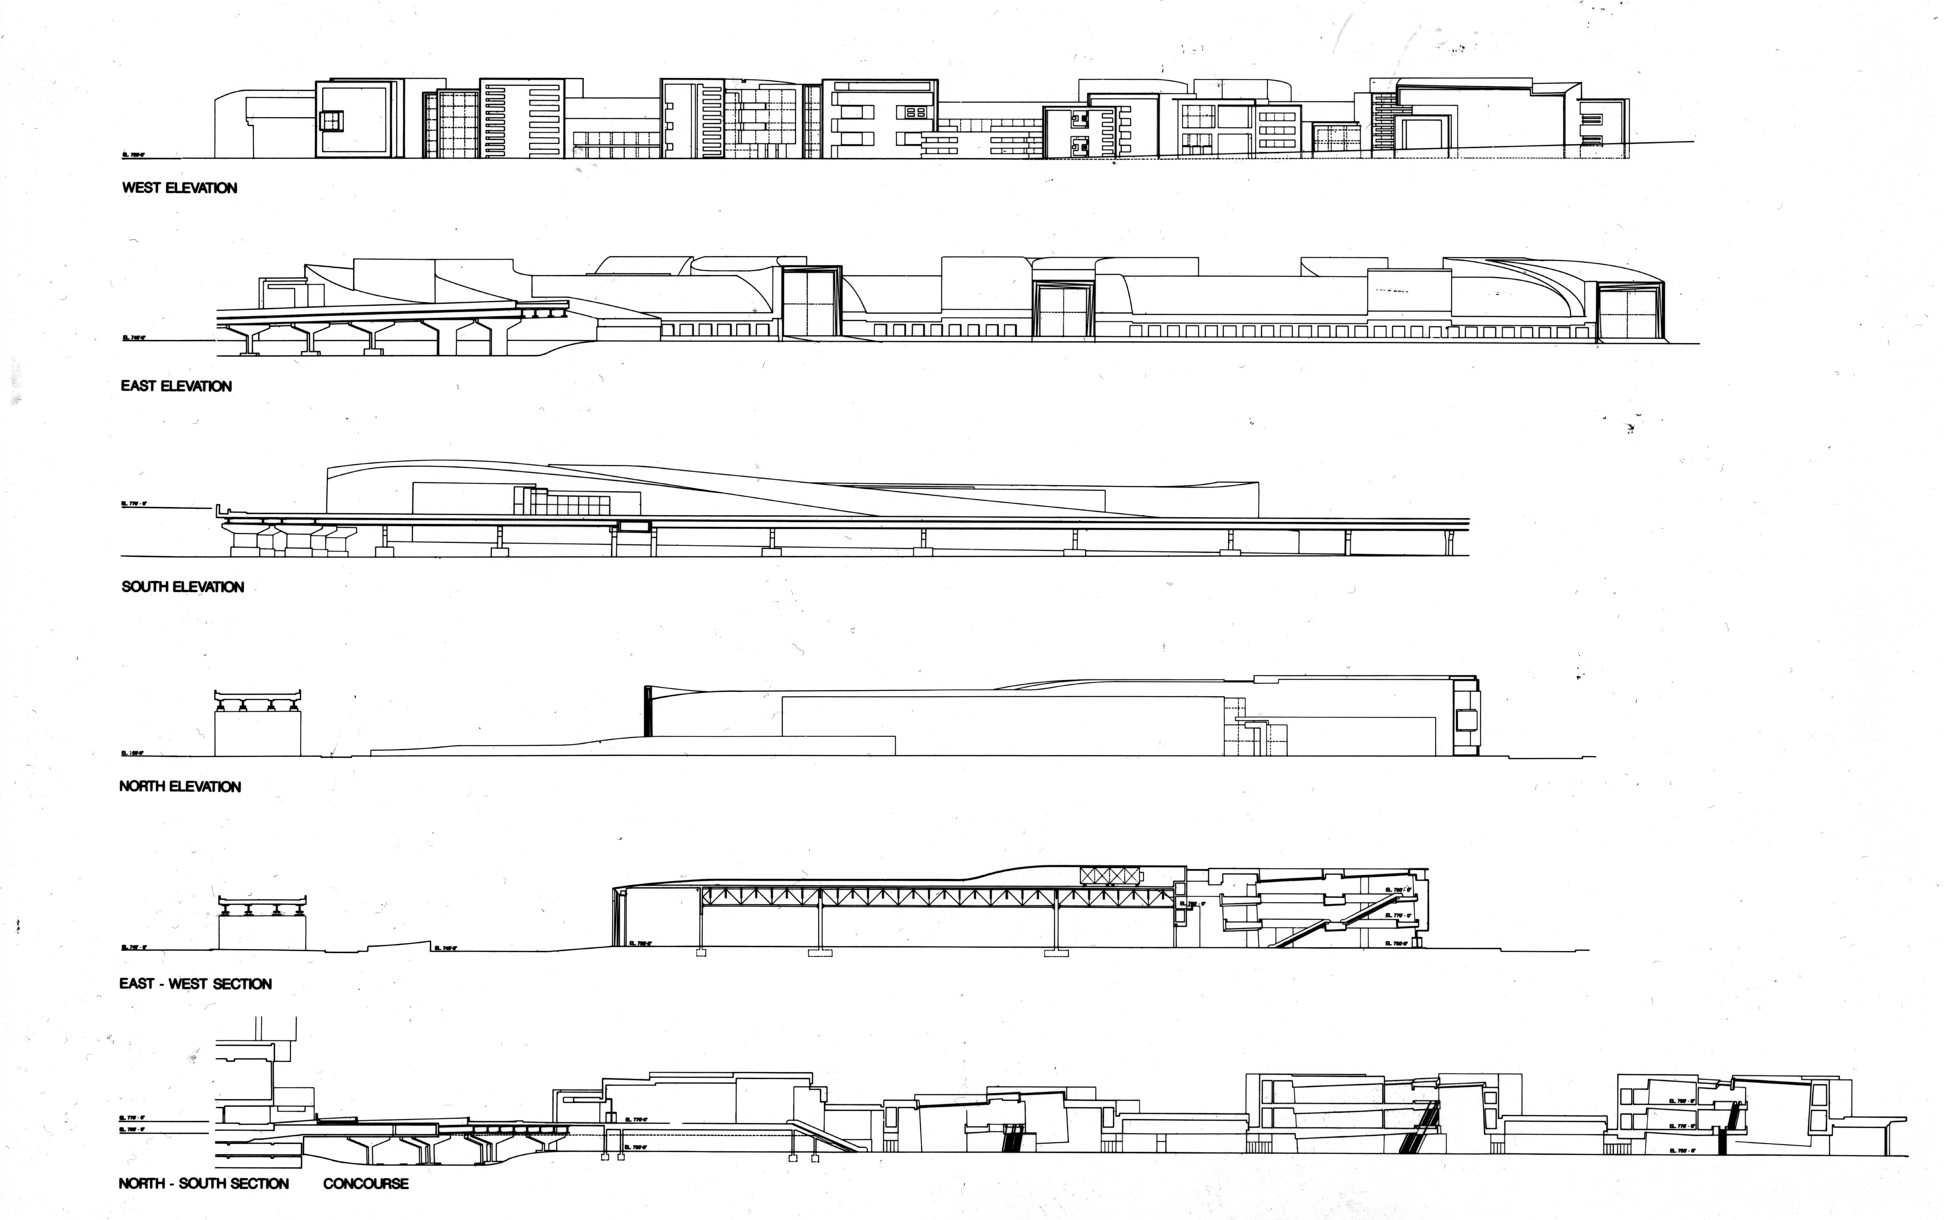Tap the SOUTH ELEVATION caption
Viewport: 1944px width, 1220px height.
click(x=182, y=587)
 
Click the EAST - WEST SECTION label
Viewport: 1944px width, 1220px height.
click(x=195, y=984)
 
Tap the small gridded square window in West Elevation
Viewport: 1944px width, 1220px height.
click(x=330, y=121)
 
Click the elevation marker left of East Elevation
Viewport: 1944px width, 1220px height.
click(x=132, y=338)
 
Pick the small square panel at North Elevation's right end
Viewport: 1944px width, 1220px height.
click(x=1466, y=718)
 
